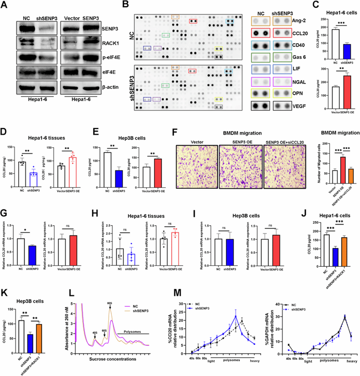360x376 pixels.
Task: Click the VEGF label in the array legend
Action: tap(298, 110)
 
